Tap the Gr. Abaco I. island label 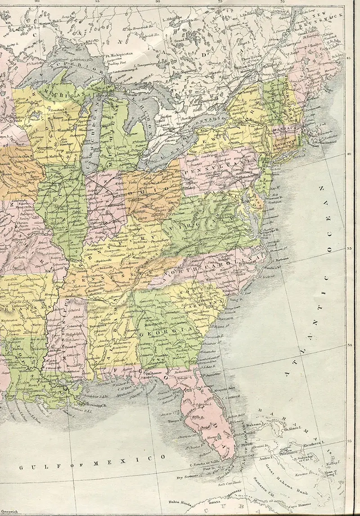[x=292, y=426]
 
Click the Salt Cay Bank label [x=229, y=485]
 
